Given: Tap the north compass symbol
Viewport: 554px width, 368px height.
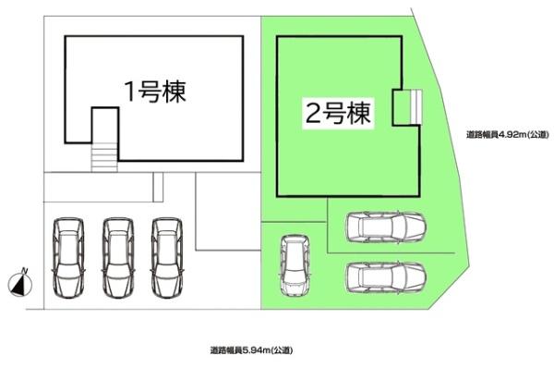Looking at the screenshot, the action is coord(21,283).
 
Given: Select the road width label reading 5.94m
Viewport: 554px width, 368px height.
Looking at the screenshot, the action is coord(250,350).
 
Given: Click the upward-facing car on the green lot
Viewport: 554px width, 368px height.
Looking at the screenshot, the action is coord(295,267).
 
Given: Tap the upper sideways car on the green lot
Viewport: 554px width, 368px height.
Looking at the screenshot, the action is coord(385,227).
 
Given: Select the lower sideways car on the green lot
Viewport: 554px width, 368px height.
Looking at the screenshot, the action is coord(385,276).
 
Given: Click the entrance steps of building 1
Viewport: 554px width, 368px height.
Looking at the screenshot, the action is coord(103,156).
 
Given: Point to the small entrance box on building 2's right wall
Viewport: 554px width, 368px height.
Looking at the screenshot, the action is coord(403,108).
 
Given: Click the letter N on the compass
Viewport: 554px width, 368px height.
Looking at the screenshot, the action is coord(25,271).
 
